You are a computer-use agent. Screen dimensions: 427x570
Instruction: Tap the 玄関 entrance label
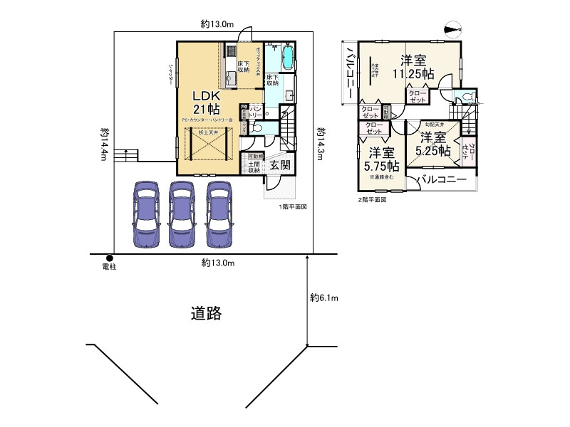[279, 165]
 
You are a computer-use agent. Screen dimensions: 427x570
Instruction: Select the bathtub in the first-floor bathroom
[288, 57]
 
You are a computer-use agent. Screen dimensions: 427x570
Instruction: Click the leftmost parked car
[145, 214]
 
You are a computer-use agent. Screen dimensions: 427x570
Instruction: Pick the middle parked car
[181, 214]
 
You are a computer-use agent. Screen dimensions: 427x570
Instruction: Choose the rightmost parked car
[219, 214]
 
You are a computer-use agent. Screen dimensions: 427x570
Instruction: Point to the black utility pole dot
[110, 258]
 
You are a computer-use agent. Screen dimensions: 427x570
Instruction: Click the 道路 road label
[206, 313]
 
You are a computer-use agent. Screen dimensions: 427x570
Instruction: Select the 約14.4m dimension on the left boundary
[104, 144]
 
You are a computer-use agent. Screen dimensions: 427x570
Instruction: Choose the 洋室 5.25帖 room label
[433, 144]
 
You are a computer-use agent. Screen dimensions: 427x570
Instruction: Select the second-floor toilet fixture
[468, 97]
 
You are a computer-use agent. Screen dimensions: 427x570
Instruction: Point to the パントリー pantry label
[254, 110]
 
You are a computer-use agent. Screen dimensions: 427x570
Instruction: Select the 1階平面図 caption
[292, 207]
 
